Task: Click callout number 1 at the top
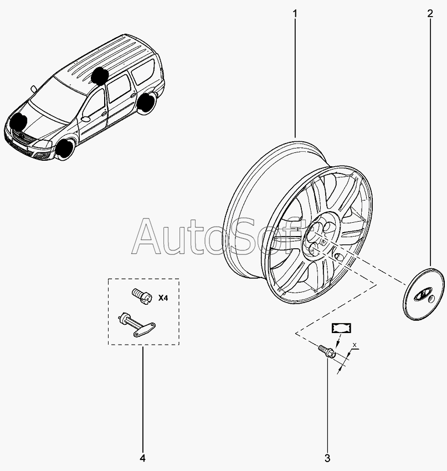pos(295,12)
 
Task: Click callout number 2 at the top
pos(430,12)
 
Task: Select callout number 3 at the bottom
pos(327,458)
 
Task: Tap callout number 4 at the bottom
pos(142,458)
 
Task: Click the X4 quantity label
pos(163,298)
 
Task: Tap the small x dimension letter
pos(355,345)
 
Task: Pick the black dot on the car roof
pos(100,75)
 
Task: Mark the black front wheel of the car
pos(65,148)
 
